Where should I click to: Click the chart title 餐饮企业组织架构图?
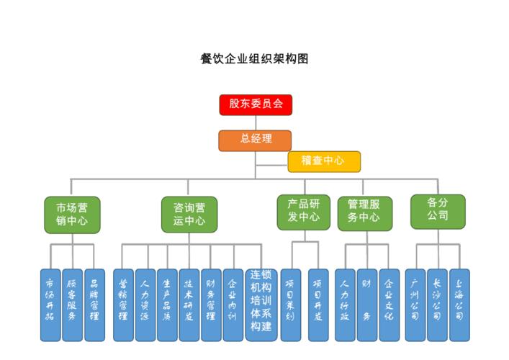pos(254,59)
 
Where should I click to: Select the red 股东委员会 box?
pos(256,104)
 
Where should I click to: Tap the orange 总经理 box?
pos(255,140)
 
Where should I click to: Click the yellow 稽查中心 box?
pos(324,161)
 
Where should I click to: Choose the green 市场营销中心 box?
pos(72,215)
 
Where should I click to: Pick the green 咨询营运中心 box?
pos(189,215)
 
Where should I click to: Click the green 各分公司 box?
pos(437,210)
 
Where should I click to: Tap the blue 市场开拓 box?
pos(50,305)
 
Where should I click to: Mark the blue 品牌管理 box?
pos(94,305)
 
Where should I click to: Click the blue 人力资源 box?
pos(145,305)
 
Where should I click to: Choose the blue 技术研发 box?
pos(189,305)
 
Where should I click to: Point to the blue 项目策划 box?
pos(291,305)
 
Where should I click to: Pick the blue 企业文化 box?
pos(389,305)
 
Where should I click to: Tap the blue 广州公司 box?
pos(415,305)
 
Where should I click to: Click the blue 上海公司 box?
pos(459,305)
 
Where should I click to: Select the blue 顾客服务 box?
pos(72,305)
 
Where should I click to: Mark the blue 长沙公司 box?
pos(437,305)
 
